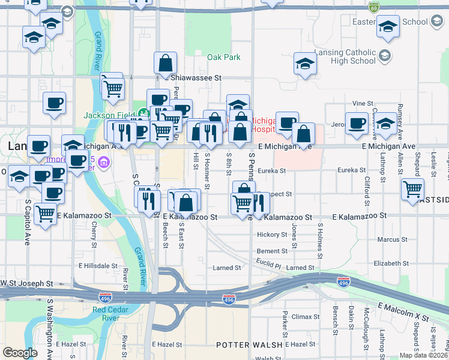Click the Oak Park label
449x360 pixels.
tap(223, 58)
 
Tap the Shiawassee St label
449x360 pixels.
tap(196, 78)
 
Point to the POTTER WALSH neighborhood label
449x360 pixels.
tap(249, 345)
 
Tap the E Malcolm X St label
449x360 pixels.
tap(403, 312)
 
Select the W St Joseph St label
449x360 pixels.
tap(26, 283)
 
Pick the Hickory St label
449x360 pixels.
tap(273, 235)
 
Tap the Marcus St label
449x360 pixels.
tap(393, 240)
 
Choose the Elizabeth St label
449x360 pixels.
tap(390, 263)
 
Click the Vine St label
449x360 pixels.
tap(363, 104)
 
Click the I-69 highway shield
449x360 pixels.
tap(375, 8)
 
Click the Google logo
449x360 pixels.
tap(20, 353)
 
